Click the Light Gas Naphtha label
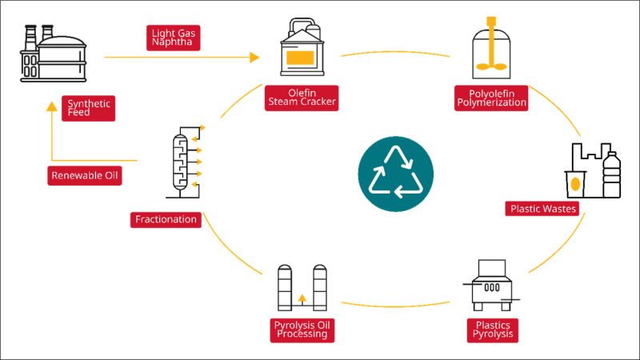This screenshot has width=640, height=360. tap(173, 38)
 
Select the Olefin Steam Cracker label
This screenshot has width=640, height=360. tap(302, 97)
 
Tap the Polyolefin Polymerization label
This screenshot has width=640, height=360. tap(491, 98)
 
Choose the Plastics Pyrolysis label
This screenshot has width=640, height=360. tap(493, 330)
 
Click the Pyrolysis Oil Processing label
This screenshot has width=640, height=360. tap(302, 330)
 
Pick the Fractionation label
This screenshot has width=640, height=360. tap(166, 219)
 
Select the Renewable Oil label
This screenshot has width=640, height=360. tap(85, 175)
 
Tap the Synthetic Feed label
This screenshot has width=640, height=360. tap(89, 108)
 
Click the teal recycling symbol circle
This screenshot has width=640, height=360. tap(395, 174)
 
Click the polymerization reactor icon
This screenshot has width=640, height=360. tap(491, 49)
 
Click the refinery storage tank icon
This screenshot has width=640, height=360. tap(54, 54)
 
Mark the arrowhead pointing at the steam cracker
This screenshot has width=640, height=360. tap(255, 57)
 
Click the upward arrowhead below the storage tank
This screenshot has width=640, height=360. tap(52, 105)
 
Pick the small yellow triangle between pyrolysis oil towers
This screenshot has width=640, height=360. tap(302, 298)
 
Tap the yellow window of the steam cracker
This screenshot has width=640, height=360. tap(300, 57)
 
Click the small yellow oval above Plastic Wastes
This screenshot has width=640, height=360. tap(575, 184)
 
